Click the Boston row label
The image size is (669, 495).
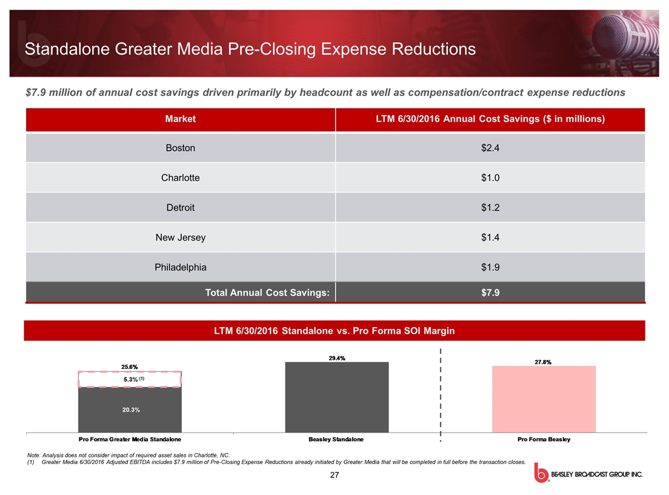[x=181, y=148]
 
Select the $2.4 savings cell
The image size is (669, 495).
[x=490, y=148]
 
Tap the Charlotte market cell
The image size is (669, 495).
[x=181, y=178]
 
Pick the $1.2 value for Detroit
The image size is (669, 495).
[x=490, y=207]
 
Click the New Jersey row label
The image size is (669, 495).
[x=181, y=237]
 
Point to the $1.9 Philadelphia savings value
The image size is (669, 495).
[x=490, y=267]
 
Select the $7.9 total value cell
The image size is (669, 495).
[x=490, y=293]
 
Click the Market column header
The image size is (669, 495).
[x=181, y=119]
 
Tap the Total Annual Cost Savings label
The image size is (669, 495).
[x=267, y=293]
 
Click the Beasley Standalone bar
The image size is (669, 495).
[x=336, y=397]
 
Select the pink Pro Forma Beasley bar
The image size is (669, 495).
[x=544, y=399]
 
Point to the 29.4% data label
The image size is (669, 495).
[x=336, y=358]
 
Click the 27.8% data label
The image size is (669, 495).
[x=543, y=362]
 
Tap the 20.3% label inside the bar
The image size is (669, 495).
[x=129, y=410]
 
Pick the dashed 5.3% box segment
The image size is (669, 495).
[x=129, y=379]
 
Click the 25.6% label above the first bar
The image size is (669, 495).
[x=129, y=366]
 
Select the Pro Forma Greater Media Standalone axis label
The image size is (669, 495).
[x=130, y=439]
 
